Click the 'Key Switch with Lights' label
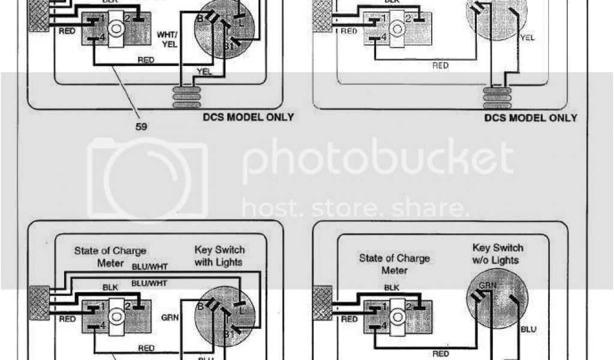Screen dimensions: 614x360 pos(219,256)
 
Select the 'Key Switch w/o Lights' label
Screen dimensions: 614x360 pos(497,253)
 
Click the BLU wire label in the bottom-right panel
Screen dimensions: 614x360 pos(528,329)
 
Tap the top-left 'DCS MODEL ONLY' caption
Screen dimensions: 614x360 pos(248,116)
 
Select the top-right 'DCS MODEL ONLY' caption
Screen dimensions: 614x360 pos(531,118)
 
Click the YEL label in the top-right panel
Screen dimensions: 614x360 pos(528,37)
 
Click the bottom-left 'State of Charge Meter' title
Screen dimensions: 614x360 pos(110,257)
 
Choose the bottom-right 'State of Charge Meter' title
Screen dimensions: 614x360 pos(394,264)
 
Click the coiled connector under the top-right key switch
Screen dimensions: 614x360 pos(497,97)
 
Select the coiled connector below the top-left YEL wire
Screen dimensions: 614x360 pos(186,96)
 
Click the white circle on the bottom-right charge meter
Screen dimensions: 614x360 pos(396,312)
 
